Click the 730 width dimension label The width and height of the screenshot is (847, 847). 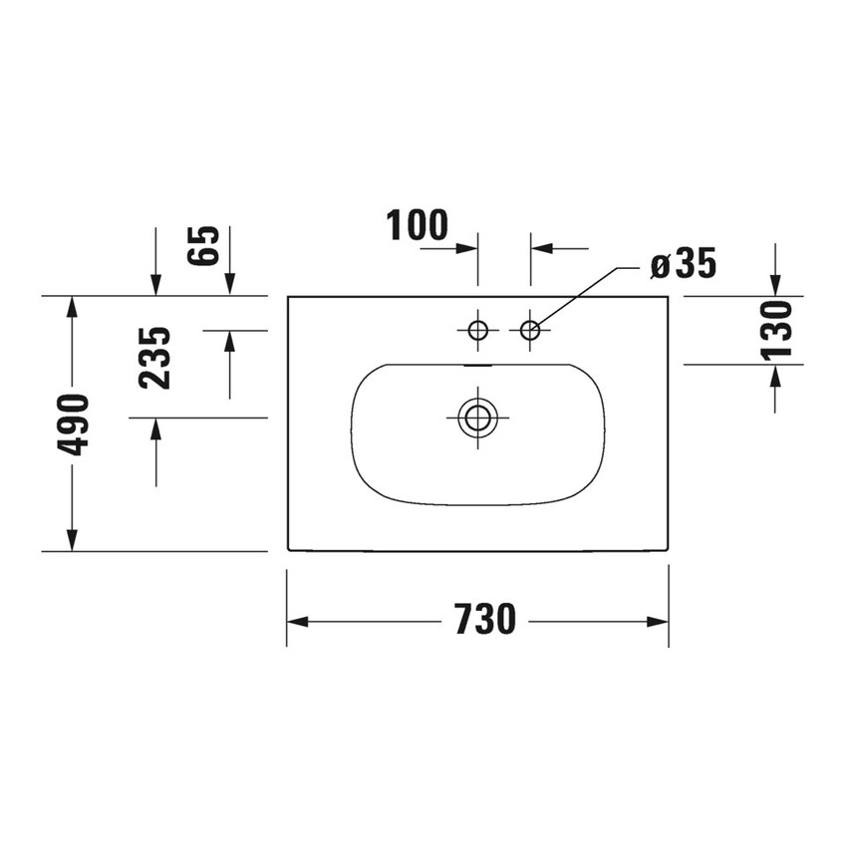[486, 621]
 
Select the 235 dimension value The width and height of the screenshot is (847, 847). [155, 358]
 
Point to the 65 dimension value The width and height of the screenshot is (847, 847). [202, 244]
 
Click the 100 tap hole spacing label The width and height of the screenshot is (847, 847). [419, 226]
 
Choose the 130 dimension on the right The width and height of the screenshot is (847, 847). [776, 330]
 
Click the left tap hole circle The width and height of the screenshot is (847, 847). [478, 329]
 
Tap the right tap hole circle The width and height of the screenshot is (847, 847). [530, 329]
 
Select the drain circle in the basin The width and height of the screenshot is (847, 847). [478, 418]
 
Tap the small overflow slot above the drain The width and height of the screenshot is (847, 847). [478, 365]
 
